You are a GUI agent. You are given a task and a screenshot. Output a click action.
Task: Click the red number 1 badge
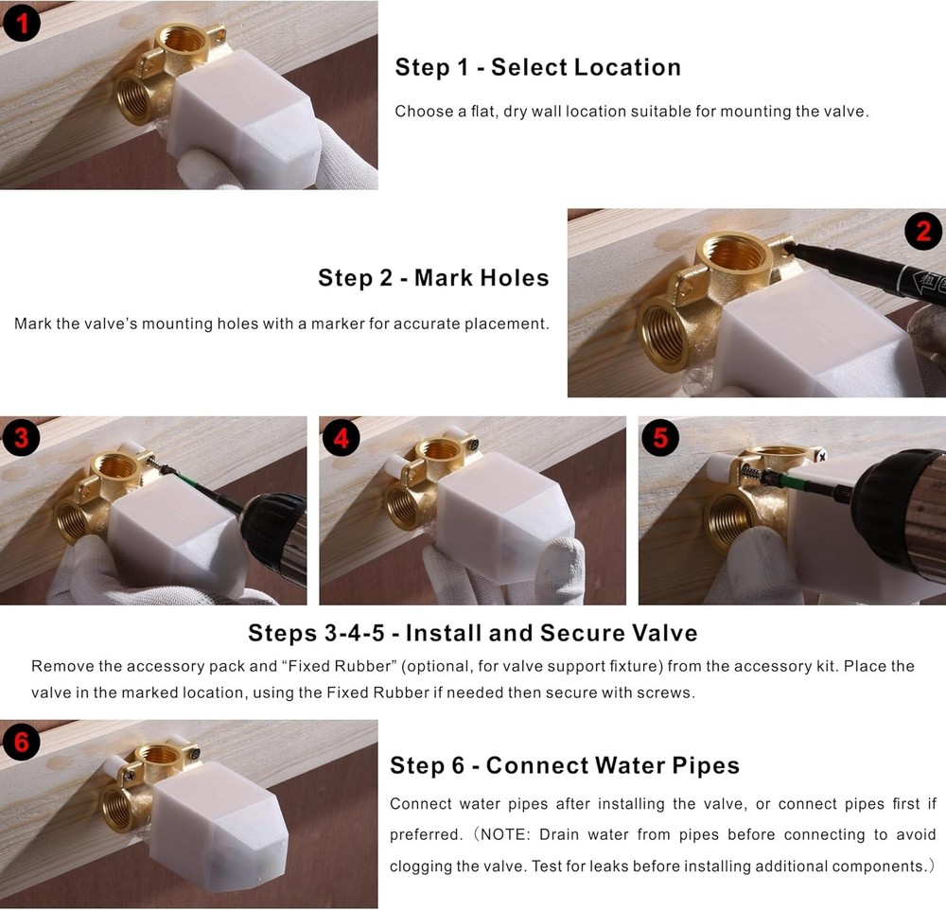pyautogui.click(x=22, y=22)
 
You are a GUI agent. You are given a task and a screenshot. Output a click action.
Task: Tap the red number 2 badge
pyautogui.click(x=922, y=230)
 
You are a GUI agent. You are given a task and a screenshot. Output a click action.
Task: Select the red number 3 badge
pyautogui.click(x=22, y=438)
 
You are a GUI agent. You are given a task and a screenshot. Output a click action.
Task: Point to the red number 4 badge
pyautogui.click(x=342, y=438)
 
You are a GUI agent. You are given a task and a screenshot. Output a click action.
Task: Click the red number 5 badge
pyautogui.click(x=660, y=438)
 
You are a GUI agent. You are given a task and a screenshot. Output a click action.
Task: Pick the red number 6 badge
pyautogui.click(x=22, y=742)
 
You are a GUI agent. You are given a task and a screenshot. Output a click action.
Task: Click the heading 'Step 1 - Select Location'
pyautogui.click(x=537, y=67)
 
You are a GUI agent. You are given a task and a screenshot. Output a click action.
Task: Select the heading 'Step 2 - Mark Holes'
pyautogui.click(x=433, y=278)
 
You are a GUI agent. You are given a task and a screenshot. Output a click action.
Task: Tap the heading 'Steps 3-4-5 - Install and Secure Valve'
pyautogui.click(x=472, y=633)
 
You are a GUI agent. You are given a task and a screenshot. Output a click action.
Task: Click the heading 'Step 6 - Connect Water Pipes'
pyautogui.click(x=565, y=765)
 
